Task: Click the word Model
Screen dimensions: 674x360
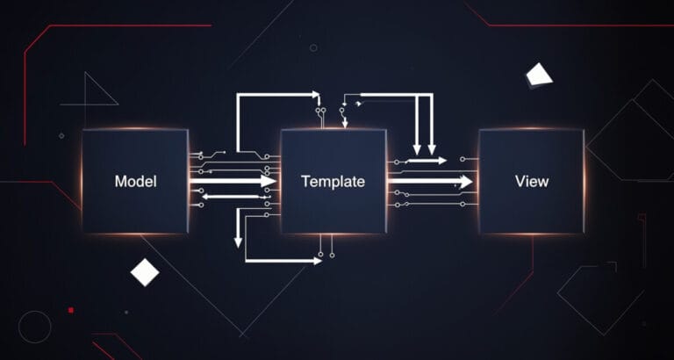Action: (x=135, y=181)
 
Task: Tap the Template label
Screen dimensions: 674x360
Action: (x=333, y=182)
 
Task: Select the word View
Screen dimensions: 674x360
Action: (x=532, y=181)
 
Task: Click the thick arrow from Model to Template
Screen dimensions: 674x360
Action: (x=233, y=181)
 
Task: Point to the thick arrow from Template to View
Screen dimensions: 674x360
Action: (x=430, y=181)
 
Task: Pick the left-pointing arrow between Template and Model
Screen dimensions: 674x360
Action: (x=232, y=197)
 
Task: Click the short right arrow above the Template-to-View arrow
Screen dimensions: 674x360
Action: (x=427, y=161)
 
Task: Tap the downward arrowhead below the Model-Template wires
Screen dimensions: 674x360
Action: (x=238, y=243)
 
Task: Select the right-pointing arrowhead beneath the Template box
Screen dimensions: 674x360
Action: (x=317, y=261)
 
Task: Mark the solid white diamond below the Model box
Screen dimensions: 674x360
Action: (x=145, y=272)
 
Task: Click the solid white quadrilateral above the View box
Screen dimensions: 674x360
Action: (x=539, y=74)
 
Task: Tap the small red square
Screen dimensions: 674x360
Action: (x=71, y=310)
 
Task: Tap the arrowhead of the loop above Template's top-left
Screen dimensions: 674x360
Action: (x=316, y=94)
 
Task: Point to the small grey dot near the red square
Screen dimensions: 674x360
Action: (x=126, y=313)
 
